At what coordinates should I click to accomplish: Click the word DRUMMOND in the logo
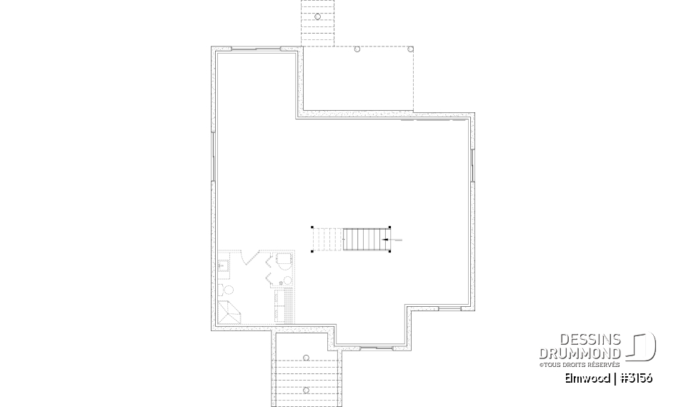click(x=580, y=353)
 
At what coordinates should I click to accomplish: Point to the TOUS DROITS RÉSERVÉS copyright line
click(x=580, y=365)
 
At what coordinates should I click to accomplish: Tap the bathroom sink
click(x=222, y=267)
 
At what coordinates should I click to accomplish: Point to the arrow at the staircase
click(x=386, y=239)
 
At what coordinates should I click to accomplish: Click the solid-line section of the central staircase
click(x=364, y=239)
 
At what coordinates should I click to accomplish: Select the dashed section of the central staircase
click(x=327, y=239)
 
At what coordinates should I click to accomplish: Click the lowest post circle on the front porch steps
click(x=306, y=390)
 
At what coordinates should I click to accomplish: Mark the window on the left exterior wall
click(x=214, y=157)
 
